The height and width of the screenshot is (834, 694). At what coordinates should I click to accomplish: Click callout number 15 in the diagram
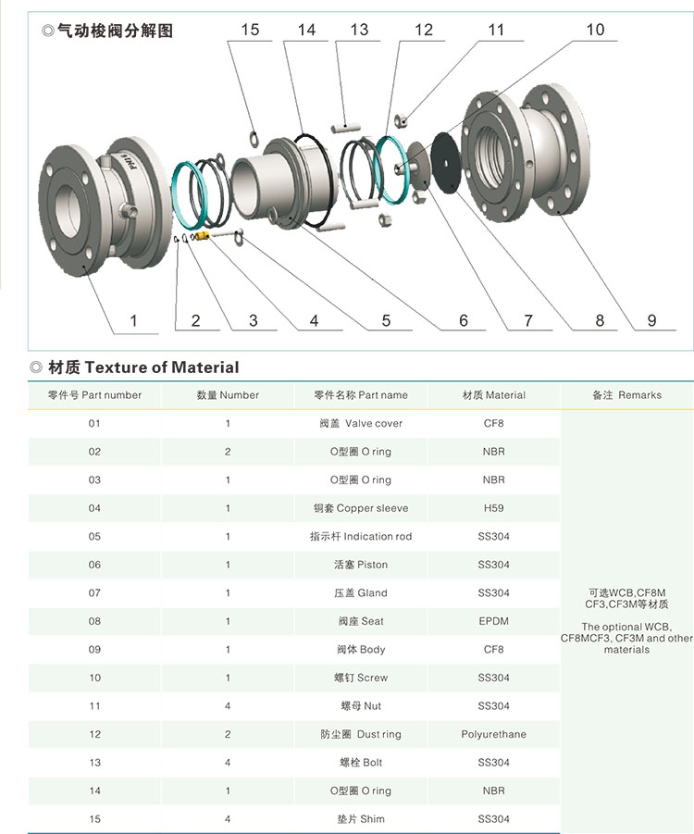pyautogui.click(x=250, y=31)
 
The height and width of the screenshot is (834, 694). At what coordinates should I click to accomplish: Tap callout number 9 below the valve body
pyautogui.click(x=651, y=320)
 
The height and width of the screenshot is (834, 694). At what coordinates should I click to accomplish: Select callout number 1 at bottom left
pyautogui.click(x=133, y=320)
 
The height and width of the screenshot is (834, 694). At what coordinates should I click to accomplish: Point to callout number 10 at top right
pyautogui.click(x=595, y=31)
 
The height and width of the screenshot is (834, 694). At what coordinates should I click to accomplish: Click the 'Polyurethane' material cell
pyautogui.click(x=493, y=734)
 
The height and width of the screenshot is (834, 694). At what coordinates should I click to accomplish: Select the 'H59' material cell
pyautogui.click(x=493, y=508)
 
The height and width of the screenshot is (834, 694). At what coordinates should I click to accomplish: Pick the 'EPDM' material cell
pyautogui.click(x=493, y=621)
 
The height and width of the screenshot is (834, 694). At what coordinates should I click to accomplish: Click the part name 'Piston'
pyautogui.click(x=361, y=565)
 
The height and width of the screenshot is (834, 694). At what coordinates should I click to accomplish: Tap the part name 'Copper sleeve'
pyautogui.click(x=361, y=508)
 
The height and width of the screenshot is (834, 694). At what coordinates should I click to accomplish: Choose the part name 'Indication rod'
pyautogui.click(x=361, y=537)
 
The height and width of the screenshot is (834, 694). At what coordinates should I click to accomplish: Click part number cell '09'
pyautogui.click(x=94, y=650)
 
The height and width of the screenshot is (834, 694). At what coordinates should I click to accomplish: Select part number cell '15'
pyautogui.click(x=94, y=819)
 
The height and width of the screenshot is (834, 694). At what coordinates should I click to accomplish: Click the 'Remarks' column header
pyautogui.click(x=626, y=395)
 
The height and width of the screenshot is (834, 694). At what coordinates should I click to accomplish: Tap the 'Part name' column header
pyautogui.click(x=361, y=395)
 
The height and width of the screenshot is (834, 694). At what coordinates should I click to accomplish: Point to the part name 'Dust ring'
pyautogui.click(x=361, y=734)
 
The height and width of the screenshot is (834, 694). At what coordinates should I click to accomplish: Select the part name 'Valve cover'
pyautogui.click(x=361, y=424)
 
